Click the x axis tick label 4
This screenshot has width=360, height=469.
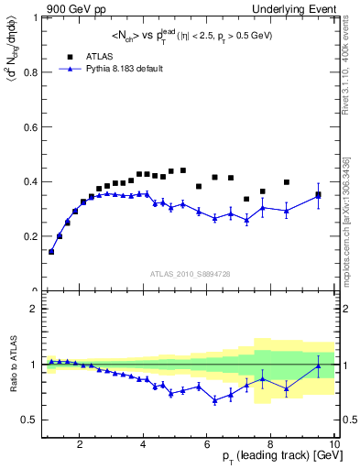click(x=144, y=446)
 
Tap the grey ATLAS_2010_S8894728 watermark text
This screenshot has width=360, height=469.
click(x=191, y=273)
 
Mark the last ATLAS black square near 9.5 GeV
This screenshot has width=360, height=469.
click(x=319, y=194)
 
